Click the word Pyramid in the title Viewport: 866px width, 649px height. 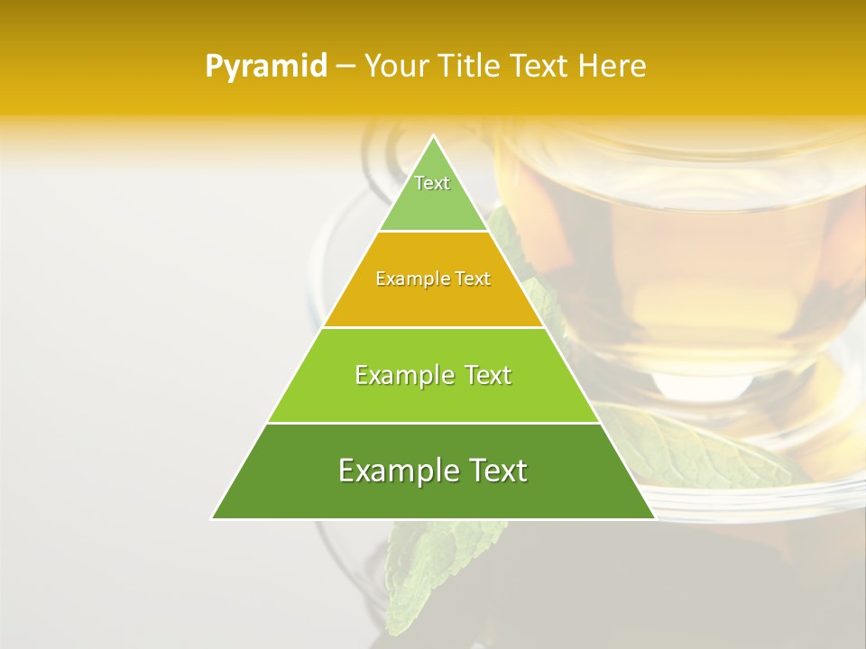coord(265,67)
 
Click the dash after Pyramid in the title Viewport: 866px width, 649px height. coord(345,67)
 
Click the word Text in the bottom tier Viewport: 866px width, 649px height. coord(493,471)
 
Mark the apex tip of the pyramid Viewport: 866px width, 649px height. coord(433,138)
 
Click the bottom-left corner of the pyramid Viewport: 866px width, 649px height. coord(213,517)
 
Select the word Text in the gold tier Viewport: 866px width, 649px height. coord(473,279)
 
